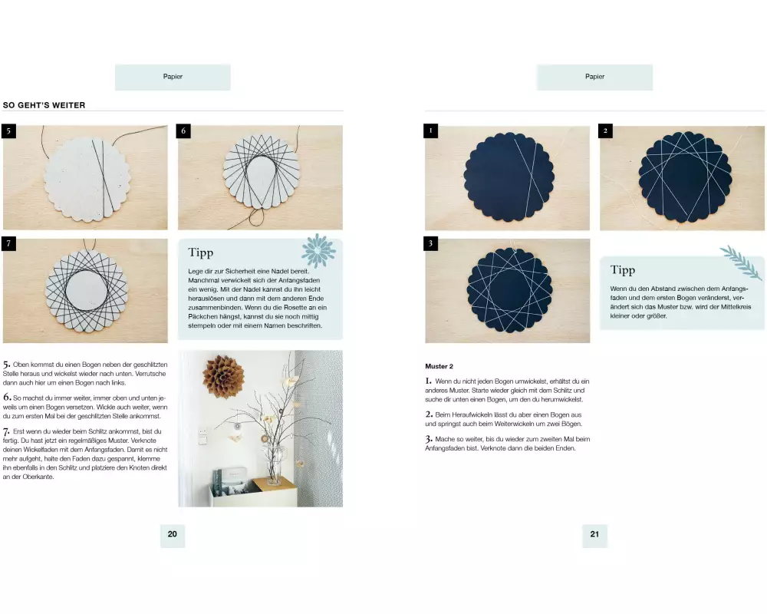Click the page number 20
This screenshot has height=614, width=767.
pyautogui.click(x=172, y=534)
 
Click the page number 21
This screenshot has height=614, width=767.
pyautogui.click(x=594, y=534)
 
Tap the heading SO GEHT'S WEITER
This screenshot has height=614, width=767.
pyautogui.click(x=44, y=105)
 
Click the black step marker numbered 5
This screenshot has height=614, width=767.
pyautogui.click(x=8, y=131)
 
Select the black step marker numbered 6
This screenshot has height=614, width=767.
pyautogui.click(x=183, y=131)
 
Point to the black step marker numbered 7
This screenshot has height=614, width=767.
pyautogui.click(x=8, y=244)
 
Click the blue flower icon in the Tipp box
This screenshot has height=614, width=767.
pyautogui.click(x=319, y=250)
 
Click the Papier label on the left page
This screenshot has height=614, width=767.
pyautogui.click(x=173, y=77)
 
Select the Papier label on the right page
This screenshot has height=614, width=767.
pyautogui.click(x=595, y=77)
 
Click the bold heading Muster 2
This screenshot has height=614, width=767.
pyautogui.click(x=439, y=366)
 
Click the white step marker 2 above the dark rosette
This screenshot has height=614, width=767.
pyautogui.click(x=606, y=131)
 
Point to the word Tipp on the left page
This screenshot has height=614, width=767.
pyautogui.click(x=200, y=253)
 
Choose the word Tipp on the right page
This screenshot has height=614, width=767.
pyautogui.click(x=623, y=270)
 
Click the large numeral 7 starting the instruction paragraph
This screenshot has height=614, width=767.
pyautogui.click(x=6, y=432)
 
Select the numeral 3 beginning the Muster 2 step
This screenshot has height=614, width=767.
pyautogui.click(x=429, y=439)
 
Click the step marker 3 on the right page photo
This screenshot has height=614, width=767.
pyautogui.click(x=431, y=244)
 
